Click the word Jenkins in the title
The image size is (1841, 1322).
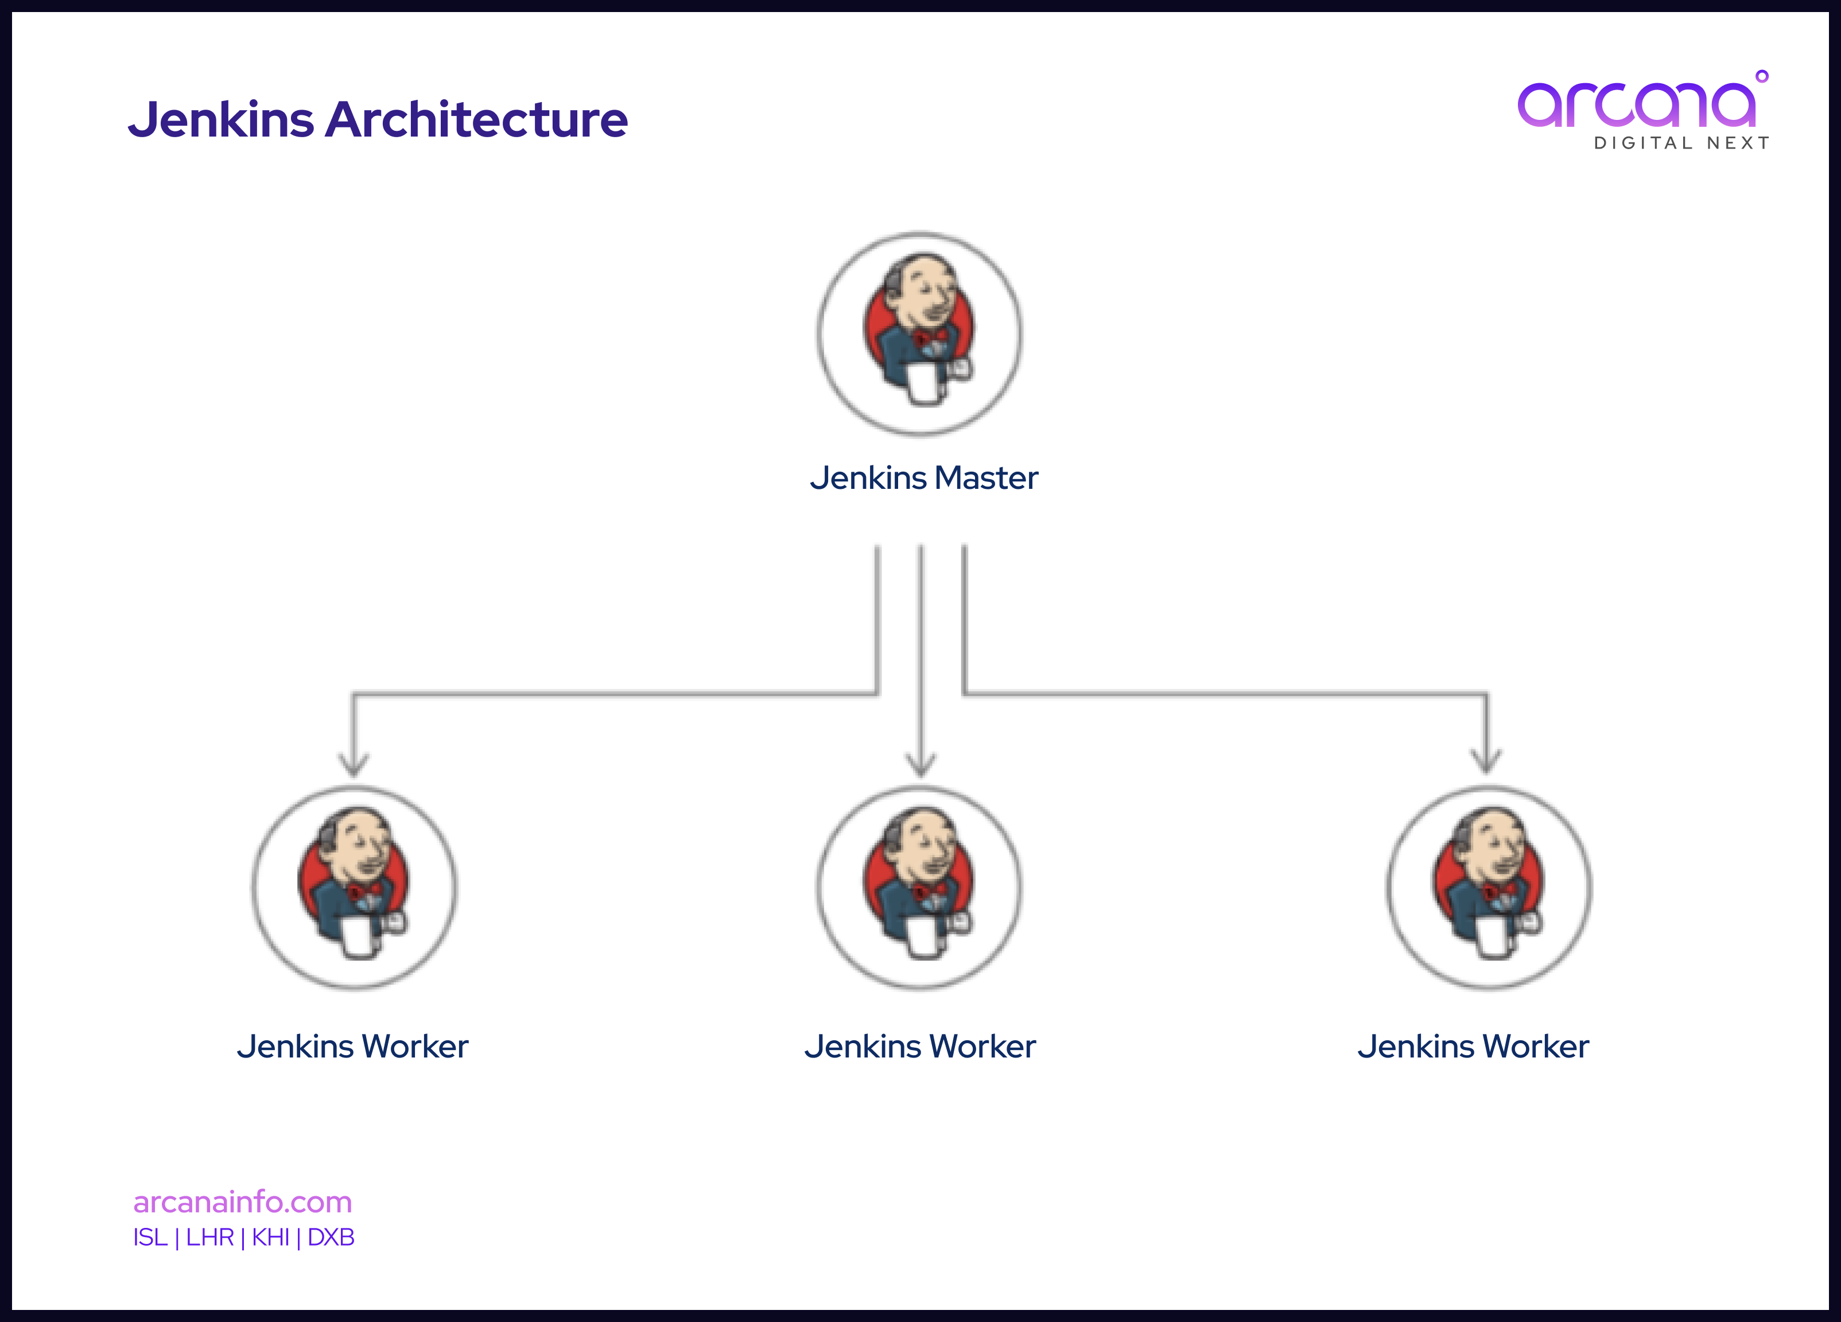[222, 120]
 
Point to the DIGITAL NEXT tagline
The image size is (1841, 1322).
[1681, 143]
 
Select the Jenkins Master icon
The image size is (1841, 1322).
[920, 333]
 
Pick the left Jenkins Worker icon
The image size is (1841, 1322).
[355, 887]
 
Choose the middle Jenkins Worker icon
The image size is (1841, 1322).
[920, 887]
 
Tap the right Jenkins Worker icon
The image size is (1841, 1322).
[1490, 887]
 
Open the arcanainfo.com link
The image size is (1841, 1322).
[243, 1202]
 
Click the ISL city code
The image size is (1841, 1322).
[150, 1238]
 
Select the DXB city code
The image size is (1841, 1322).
[331, 1238]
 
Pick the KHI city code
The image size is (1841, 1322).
[270, 1238]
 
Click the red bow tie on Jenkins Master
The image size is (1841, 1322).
[930, 337]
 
